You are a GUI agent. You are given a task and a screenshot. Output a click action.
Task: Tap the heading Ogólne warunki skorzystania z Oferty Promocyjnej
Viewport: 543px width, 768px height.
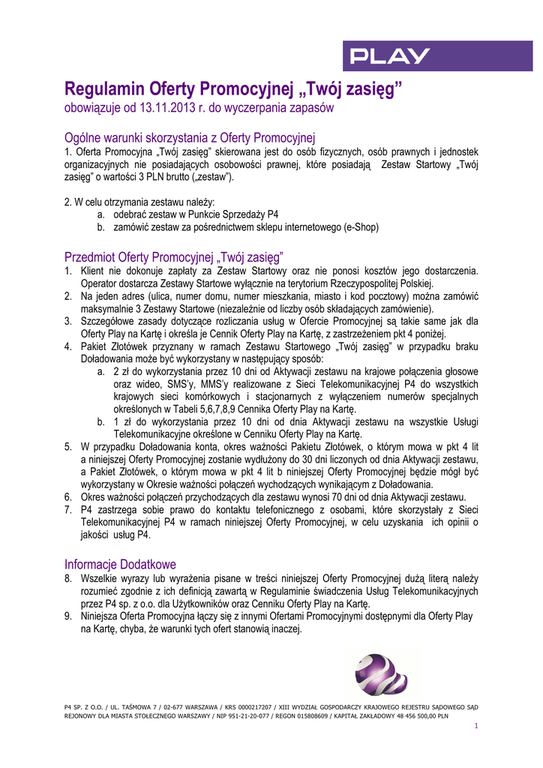coord(190,138)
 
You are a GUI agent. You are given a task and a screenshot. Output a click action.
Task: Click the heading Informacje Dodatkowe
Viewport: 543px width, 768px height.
coord(120,564)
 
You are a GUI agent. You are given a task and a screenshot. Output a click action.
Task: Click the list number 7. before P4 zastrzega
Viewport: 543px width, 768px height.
coord(68,509)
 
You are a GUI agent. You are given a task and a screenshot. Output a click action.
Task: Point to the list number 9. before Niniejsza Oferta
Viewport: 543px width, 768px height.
coord(68,616)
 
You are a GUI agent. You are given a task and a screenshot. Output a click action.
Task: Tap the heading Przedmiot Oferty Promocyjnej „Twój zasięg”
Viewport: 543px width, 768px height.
coord(174,256)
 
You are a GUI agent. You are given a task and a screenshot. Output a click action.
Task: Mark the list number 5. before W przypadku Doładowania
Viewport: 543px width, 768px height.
coord(68,446)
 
